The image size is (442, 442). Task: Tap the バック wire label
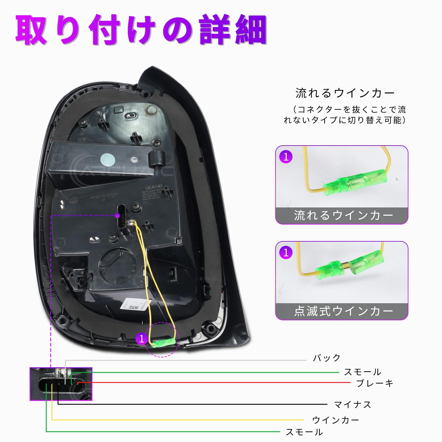click(x=327, y=358)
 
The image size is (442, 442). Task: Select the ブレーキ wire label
click(x=375, y=383)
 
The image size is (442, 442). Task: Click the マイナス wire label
click(x=352, y=405)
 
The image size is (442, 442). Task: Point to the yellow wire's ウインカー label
click(x=336, y=420)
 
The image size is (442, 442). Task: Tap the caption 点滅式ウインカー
click(x=343, y=311)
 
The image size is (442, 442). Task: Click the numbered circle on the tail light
click(x=142, y=339)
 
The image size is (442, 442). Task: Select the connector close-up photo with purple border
click(x=61, y=384)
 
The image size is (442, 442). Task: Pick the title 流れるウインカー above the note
click(x=345, y=93)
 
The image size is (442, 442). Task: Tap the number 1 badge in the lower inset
click(x=286, y=253)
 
